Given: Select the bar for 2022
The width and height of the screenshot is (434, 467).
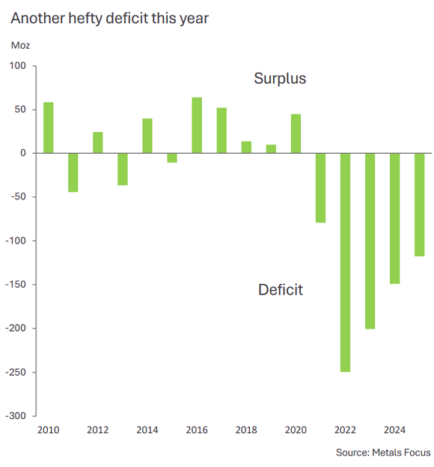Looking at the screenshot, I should coord(345,262).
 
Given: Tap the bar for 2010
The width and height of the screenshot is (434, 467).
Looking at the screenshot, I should coord(48,127).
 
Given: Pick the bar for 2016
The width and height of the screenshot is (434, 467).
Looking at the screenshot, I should coord(197,125).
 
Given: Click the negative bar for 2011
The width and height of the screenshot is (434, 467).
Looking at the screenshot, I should coord(73,172).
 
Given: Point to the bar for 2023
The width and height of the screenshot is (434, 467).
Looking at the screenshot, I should coord(370,241).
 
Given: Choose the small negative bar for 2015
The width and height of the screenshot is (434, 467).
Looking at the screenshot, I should coord(172,157).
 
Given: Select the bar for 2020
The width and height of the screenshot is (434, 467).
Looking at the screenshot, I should coord(296,133).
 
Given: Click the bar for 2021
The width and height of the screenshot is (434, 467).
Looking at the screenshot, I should coord(320,187).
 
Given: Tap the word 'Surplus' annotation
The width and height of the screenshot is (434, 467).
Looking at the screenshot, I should coord(280,78).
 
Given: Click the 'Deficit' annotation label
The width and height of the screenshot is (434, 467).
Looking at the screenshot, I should coord(281,289).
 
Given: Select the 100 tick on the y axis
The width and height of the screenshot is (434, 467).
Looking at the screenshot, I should coord(18,66).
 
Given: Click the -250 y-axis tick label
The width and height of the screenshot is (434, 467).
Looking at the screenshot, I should coord(15,372).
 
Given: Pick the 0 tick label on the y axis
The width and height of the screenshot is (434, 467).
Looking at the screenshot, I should coord(23,153).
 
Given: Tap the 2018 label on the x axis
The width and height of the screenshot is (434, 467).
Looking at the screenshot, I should coord(246,430).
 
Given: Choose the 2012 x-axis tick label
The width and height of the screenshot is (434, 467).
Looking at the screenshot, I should coord(97,430).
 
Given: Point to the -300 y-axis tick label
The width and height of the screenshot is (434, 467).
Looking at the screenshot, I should coord(15,415).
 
